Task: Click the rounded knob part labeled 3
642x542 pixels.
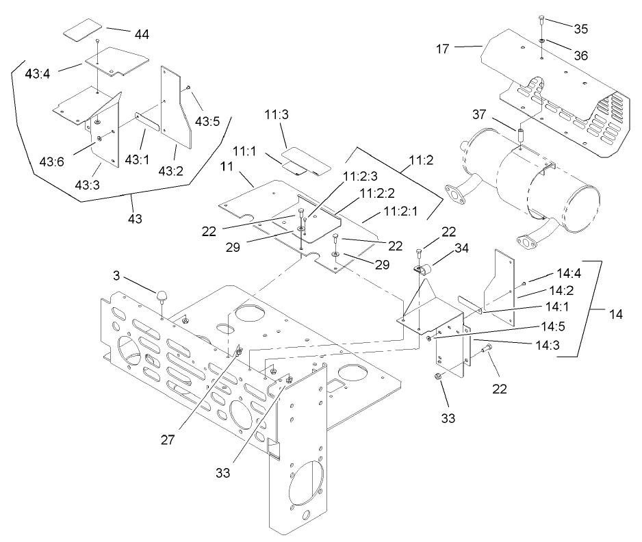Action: pyautogui.click(x=162, y=296)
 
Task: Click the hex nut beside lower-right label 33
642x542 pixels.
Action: pyautogui.click(x=438, y=376)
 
